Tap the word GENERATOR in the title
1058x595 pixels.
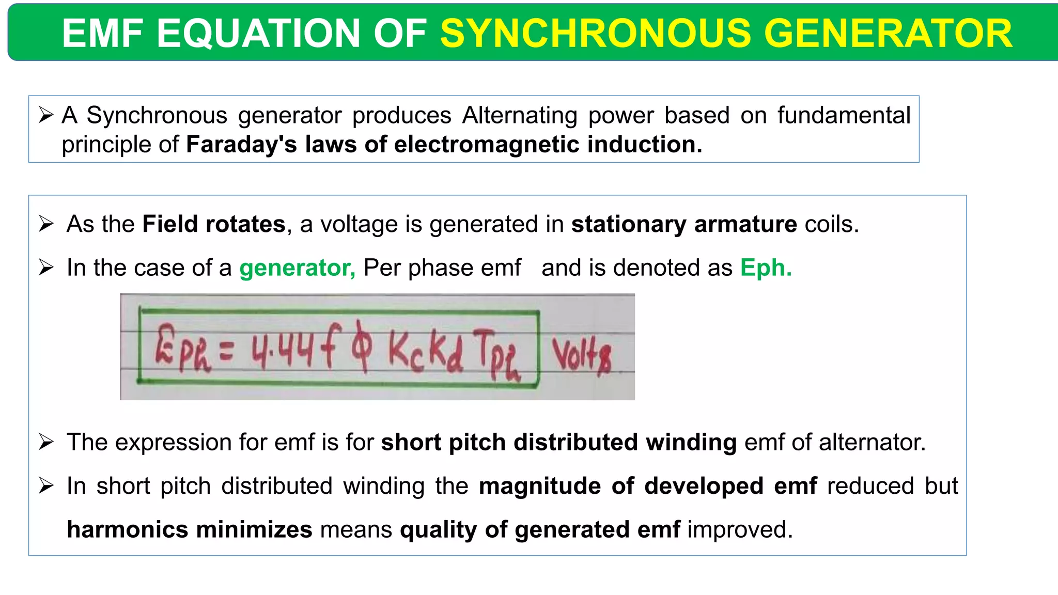pyautogui.click(x=888, y=33)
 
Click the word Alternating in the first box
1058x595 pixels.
pyautogui.click(x=520, y=116)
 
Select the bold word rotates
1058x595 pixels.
pyautogui.click(x=245, y=224)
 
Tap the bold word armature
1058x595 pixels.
pyautogui.click(x=745, y=224)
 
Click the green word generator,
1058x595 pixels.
pyautogui.click(x=297, y=268)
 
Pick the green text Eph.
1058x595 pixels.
pyautogui.click(x=766, y=268)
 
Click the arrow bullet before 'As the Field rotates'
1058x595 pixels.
pyautogui.click(x=46, y=224)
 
